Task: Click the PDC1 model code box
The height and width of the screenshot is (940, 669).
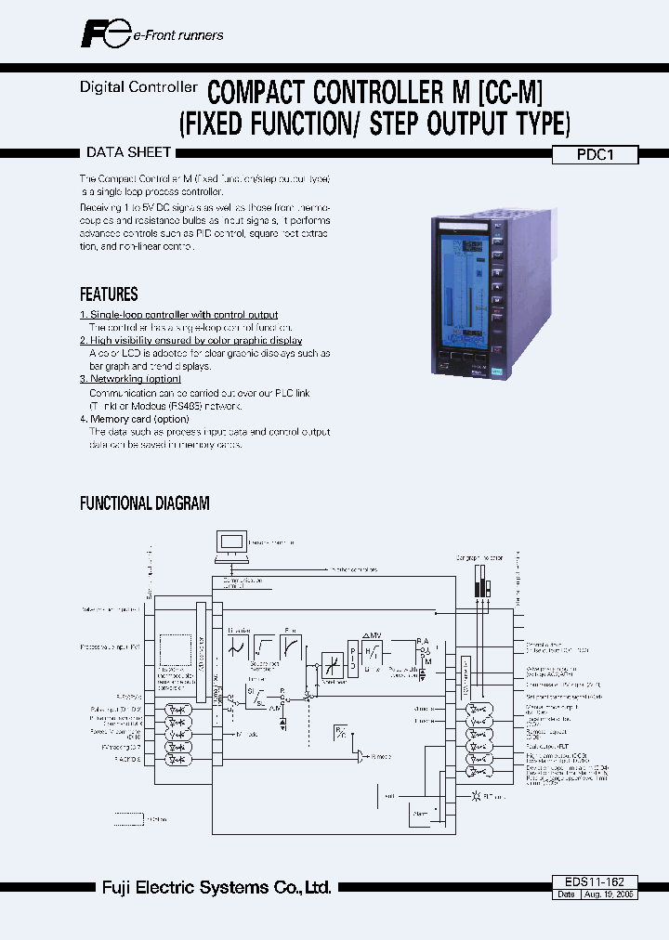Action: (596, 156)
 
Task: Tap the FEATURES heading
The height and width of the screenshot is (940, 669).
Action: (109, 294)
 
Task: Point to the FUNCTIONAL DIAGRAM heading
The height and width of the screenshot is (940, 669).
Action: (144, 503)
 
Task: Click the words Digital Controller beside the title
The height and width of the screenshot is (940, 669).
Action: (138, 87)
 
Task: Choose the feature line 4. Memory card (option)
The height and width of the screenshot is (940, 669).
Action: (134, 419)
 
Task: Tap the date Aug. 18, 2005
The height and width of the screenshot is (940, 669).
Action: (610, 894)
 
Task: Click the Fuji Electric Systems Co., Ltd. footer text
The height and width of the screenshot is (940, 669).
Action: (216, 888)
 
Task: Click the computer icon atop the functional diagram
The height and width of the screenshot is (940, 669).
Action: (231, 545)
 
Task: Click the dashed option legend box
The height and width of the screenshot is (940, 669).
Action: (128, 818)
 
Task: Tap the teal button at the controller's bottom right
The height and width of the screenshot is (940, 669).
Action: (497, 369)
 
